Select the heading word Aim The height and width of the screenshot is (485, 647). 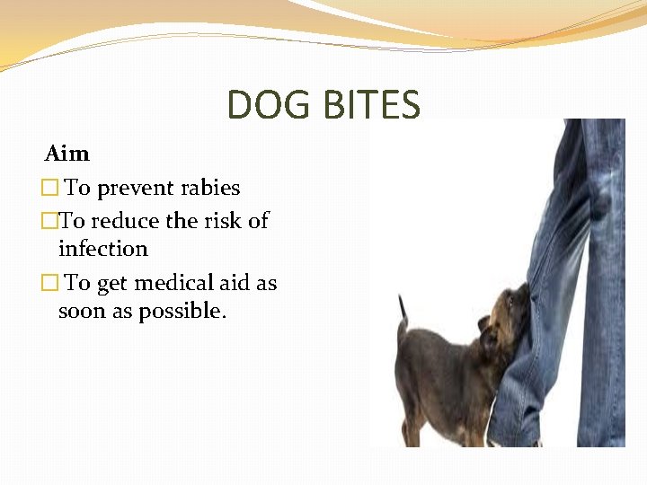pyautogui.click(x=67, y=154)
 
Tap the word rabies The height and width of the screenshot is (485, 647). pyautogui.click(x=208, y=188)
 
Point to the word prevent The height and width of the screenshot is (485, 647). pyautogui.click(x=134, y=189)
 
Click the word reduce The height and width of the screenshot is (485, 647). pyautogui.click(x=126, y=221)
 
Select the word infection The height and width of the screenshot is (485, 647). pyautogui.click(x=102, y=249)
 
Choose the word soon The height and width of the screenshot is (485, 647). pyautogui.click(x=81, y=312)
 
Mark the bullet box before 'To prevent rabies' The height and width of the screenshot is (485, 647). pyautogui.click(x=49, y=189)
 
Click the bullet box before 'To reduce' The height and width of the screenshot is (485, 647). pyautogui.click(x=49, y=221)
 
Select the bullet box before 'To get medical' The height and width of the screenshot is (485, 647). pyautogui.click(x=49, y=284)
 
